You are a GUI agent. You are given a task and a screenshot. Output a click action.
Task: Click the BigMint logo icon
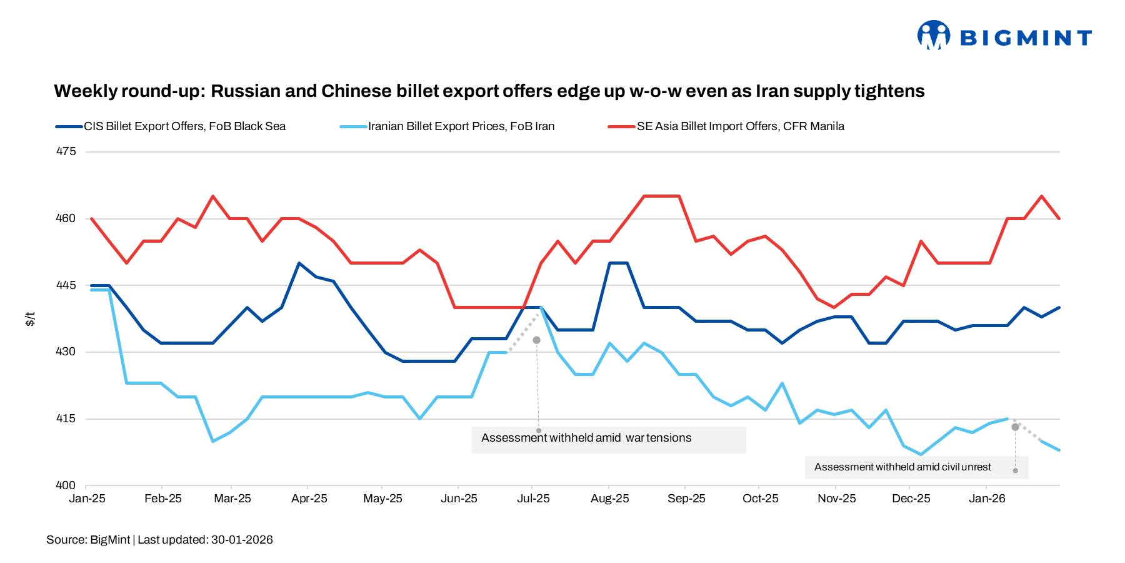click(933, 35)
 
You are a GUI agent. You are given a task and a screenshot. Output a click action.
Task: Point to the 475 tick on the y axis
click(66, 151)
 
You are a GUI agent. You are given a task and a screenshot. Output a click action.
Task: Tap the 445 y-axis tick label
click(66, 285)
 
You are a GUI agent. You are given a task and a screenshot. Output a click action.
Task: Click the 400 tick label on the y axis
click(66, 485)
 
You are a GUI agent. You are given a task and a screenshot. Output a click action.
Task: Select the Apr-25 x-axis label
click(309, 499)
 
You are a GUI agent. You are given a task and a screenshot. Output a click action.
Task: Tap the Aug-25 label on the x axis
click(609, 499)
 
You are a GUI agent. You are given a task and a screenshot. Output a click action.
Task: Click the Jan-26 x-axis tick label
click(987, 499)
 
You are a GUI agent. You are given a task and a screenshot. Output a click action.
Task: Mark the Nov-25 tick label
click(836, 499)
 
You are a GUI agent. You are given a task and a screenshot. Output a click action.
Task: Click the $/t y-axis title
click(30, 319)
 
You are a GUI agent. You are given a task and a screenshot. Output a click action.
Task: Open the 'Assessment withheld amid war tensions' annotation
click(586, 438)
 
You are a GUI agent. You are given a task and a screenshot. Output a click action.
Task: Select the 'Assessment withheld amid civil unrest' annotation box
click(902, 467)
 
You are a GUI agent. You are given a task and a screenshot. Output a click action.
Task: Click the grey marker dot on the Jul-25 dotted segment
click(536, 340)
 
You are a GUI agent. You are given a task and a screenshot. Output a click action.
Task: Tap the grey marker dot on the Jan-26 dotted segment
click(1015, 427)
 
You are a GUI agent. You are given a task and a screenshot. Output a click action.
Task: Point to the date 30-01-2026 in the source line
click(242, 540)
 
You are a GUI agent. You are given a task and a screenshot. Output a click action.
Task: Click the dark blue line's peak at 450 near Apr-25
click(299, 263)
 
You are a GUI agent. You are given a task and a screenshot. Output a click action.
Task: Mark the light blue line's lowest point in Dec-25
click(921, 454)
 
